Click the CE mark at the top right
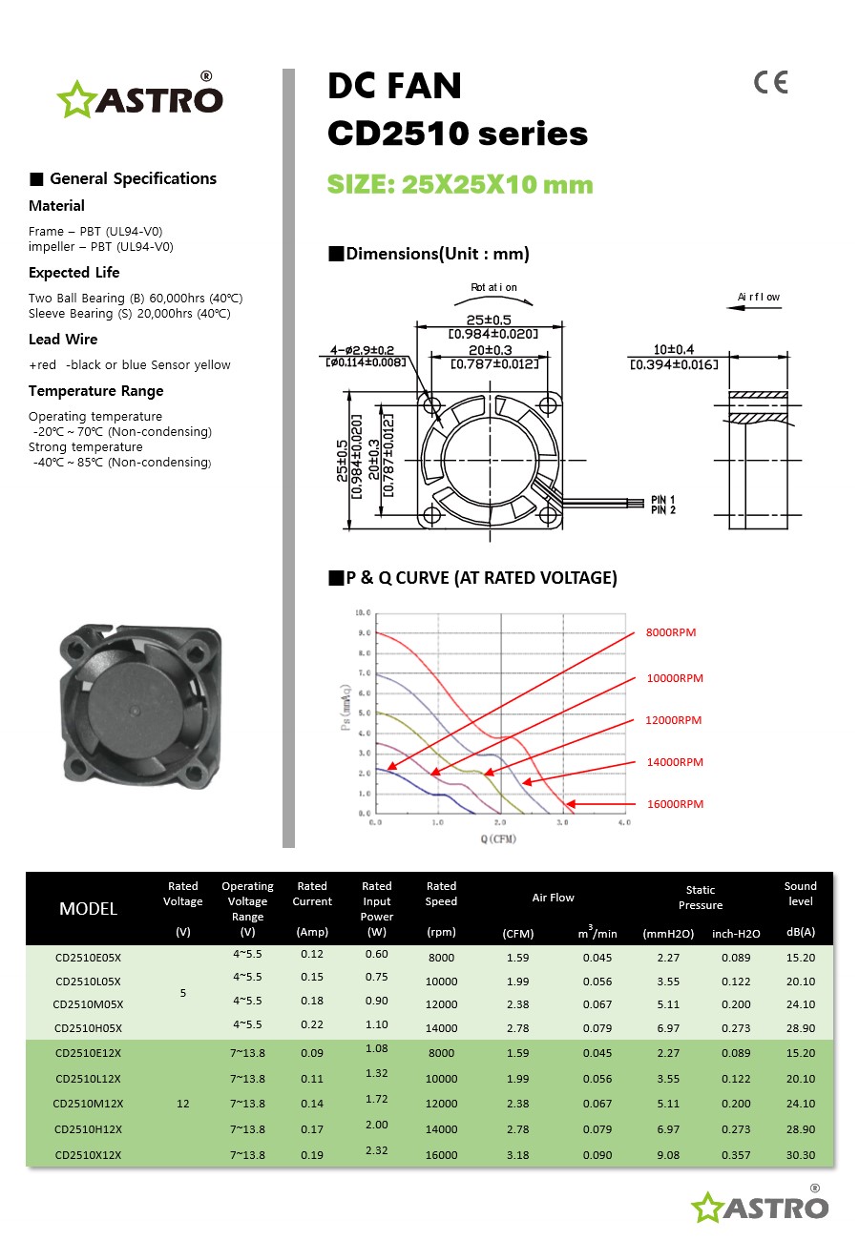pyautogui.click(x=770, y=83)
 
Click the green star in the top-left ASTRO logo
pyautogui.click(x=73, y=100)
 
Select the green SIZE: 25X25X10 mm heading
pyautogui.click(x=460, y=184)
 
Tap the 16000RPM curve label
pyautogui.click(x=675, y=804)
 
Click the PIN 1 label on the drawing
pyautogui.click(x=663, y=500)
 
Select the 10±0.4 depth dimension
pyautogui.click(x=674, y=350)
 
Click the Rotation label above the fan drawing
pyautogui.click(x=493, y=287)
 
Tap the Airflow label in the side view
pyautogui.click(x=759, y=297)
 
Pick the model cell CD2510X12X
pyautogui.click(x=88, y=1155)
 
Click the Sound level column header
pyautogui.click(x=800, y=894)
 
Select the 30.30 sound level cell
pyautogui.click(x=800, y=1155)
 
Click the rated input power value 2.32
pyautogui.click(x=377, y=1150)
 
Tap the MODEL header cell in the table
pyautogui.click(x=88, y=909)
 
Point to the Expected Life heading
pyautogui.click(x=73, y=273)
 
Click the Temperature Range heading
pyautogui.click(x=95, y=391)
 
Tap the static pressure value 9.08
pyautogui.click(x=668, y=1155)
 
